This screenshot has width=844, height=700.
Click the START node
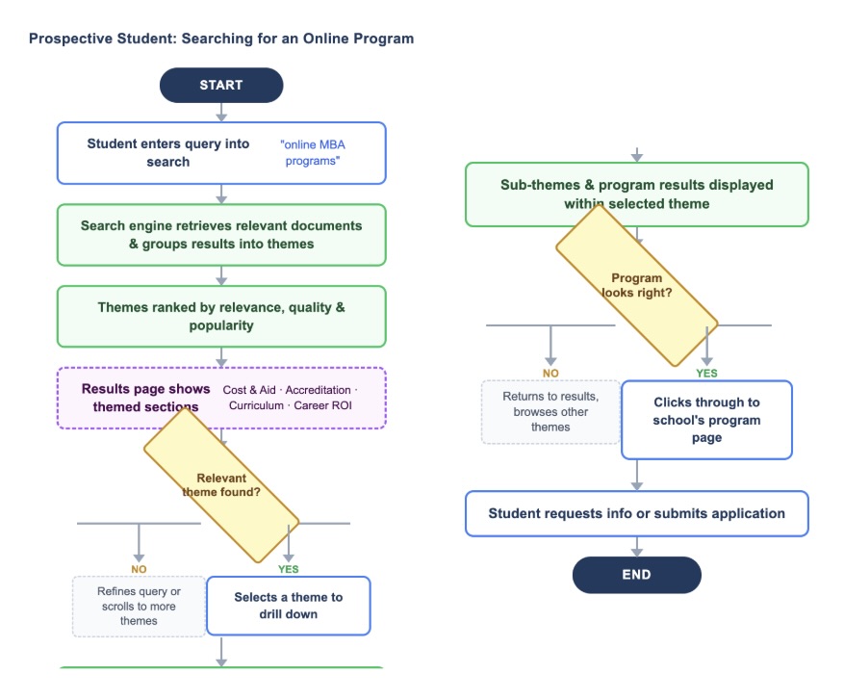tap(221, 85)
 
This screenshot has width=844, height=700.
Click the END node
tap(636, 575)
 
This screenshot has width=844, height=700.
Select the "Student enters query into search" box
tap(168, 152)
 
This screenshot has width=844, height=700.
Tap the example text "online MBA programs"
tap(313, 152)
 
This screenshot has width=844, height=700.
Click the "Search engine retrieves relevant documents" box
tap(221, 234)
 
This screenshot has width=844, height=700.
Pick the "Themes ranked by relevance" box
tap(221, 316)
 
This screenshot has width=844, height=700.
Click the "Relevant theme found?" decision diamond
tap(221, 485)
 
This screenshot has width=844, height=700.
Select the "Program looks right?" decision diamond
tap(636, 285)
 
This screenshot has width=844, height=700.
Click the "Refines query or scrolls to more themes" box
tap(139, 607)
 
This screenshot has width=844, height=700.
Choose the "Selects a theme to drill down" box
tap(288, 606)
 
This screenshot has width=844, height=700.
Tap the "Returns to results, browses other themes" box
tap(550, 411)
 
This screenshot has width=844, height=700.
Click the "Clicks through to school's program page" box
tap(706, 419)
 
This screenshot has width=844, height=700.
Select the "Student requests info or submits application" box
tap(636, 513)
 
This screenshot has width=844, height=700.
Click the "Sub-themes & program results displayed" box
tap(636, 194)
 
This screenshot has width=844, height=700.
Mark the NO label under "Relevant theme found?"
tap(139, 569)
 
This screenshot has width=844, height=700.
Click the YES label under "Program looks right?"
tap(706, 373)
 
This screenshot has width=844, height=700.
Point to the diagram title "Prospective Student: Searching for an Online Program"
tap(221, 39)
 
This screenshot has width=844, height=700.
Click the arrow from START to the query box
tap(221, 112)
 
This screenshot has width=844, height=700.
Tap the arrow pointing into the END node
tap(636, 547)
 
